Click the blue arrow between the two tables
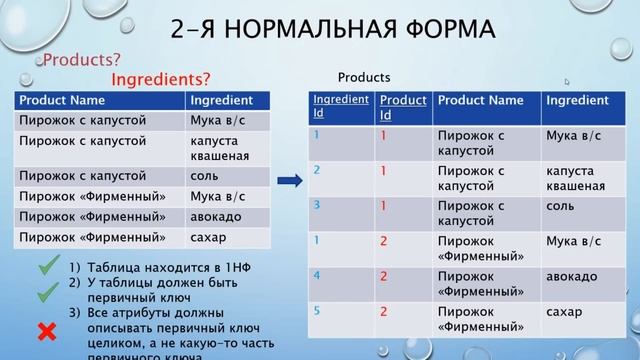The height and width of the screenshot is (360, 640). [288, 181]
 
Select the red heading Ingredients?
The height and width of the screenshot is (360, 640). [160, 78]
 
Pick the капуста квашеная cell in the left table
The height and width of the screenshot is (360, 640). [218, 148]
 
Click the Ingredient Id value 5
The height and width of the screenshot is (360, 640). [317, 311]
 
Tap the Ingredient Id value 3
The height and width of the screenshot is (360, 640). [317, 206]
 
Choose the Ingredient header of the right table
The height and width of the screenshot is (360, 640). [578, 101]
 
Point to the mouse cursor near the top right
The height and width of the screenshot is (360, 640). [567, 82]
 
